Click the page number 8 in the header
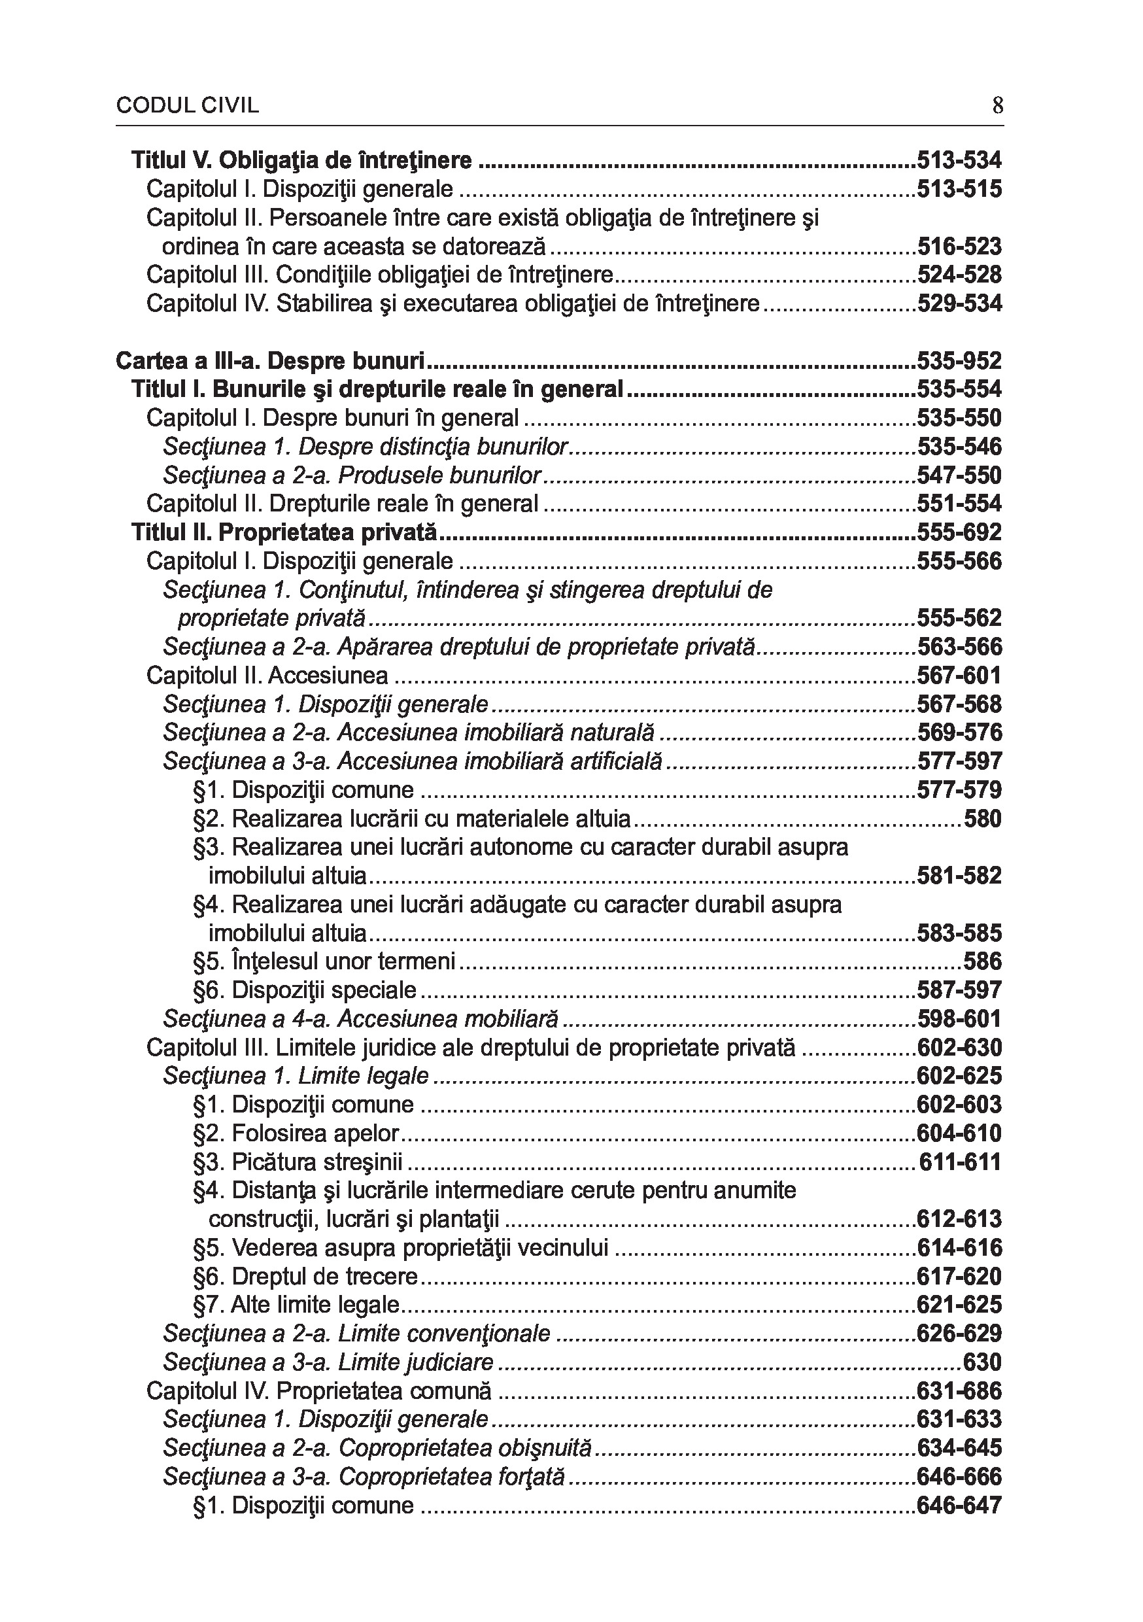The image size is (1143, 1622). click(x=997, y=106)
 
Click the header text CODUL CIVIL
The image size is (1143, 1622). click(x=187, y=106)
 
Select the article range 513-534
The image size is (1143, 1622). click(x=959, y=161)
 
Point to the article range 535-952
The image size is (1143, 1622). click(x=959, y=361)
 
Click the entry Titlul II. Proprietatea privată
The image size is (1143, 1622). click(x=284, y=532)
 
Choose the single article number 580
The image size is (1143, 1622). click(x=983, y=819)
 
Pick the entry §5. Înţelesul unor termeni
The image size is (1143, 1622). click(x=324, y=961)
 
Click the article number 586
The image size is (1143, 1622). click(x=983, y=961)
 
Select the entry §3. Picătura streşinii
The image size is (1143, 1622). click(x=298, y=1162)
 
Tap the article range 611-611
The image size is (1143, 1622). click(x=960, y=1162)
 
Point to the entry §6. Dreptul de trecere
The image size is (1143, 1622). click(x=305, y=1277)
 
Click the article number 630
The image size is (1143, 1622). click(x=983, y=1362)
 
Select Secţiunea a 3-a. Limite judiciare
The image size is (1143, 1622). click(x=328, y=1362)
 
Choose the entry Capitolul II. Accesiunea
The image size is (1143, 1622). click(x=267, y=676)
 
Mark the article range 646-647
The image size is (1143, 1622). click(x=959, y=1506)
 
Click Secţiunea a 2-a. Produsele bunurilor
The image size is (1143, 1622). click(x=352, y=475)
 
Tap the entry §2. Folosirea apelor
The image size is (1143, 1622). click(x=296, y=1133)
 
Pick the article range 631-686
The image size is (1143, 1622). click(x=959, y=1391)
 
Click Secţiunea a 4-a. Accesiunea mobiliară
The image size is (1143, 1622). click(x=360, y=1019)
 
